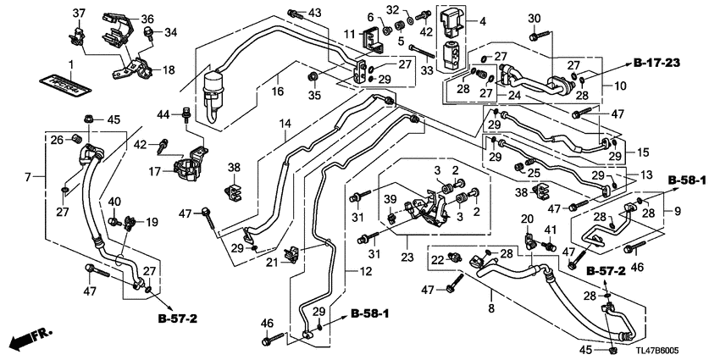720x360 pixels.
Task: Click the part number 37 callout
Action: click(x=78, y=13)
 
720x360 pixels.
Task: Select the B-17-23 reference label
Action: click(x=658, y=63)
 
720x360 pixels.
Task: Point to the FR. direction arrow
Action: click(x=30, y=339)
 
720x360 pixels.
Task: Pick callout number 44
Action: click(x=165, y=114)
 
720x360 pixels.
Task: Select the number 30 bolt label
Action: click(x=534, y=19)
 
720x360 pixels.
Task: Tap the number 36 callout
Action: click(x=147, y=19)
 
